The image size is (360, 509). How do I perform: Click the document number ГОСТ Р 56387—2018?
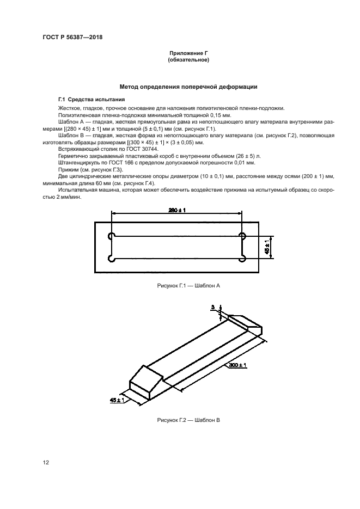point(72,37)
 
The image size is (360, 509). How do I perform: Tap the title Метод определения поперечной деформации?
point(188,87)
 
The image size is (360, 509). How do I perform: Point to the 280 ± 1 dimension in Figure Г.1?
point(177,210)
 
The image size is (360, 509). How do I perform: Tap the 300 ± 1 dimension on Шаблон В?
point(237,366)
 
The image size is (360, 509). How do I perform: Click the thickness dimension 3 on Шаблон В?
point(213,308)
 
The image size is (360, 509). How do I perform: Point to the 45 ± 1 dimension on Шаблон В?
point(117,400)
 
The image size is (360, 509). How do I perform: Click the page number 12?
point(46,462)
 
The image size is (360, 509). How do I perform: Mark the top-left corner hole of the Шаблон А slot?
point(112,236)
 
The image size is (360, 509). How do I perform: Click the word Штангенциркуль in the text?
point(76,162)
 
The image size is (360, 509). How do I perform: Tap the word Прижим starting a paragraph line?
point(68,169)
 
